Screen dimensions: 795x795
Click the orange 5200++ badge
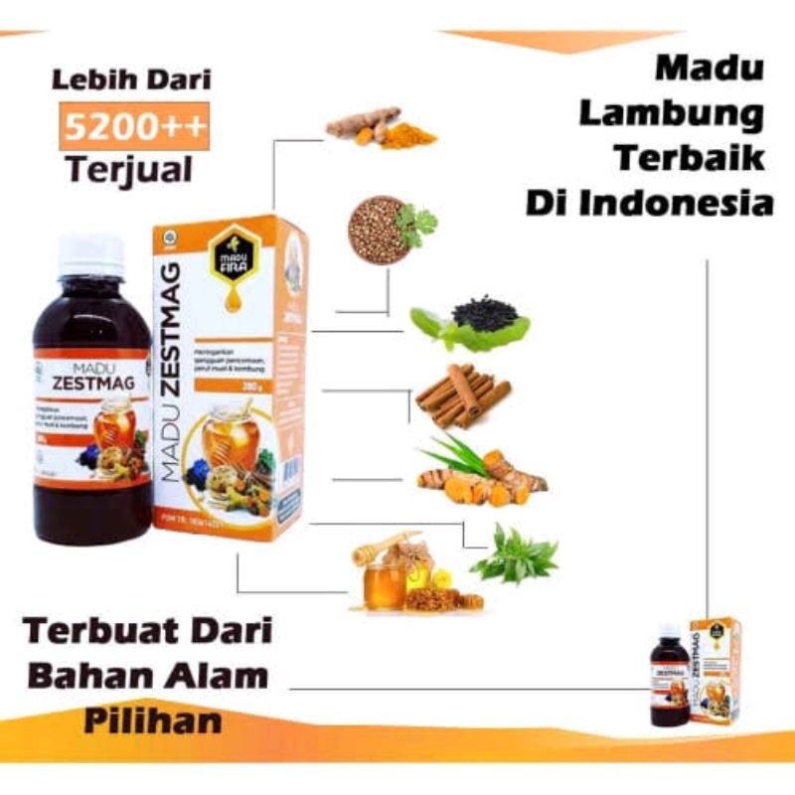click(131, 125)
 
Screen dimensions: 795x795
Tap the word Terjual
click(129, 169)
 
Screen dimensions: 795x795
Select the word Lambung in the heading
click(671, 114)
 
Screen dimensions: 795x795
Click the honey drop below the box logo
click(232, 297)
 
